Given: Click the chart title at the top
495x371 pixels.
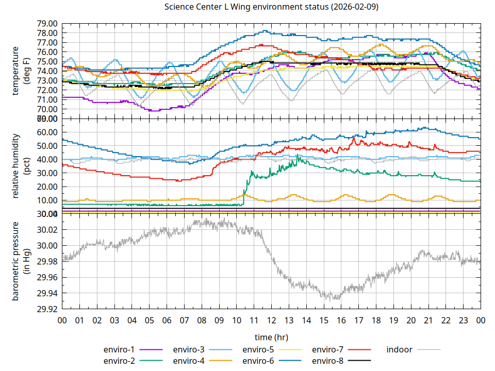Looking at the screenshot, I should (x=271, y=7).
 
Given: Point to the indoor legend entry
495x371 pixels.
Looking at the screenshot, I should (x=399, y=349).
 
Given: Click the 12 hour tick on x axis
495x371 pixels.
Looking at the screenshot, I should (x=271, y=321).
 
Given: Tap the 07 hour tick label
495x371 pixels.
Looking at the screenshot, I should (x=184, y=321).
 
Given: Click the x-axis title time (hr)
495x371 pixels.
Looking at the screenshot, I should (x=271, y=337).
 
